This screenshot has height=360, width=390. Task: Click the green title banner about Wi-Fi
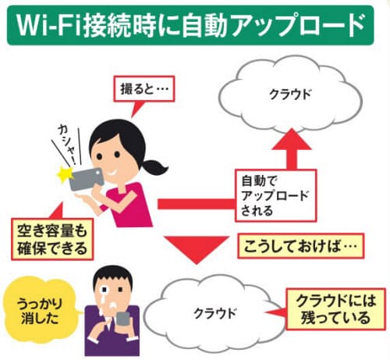[190, 25]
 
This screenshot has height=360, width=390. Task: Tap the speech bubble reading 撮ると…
[144, 89]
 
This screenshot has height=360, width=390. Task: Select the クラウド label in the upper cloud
[290, 94]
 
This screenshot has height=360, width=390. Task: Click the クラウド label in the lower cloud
[215, 313]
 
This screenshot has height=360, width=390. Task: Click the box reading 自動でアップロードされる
[275, 195]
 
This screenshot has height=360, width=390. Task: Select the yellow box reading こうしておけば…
[301, 246]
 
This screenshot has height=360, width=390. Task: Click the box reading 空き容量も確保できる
[52, 240]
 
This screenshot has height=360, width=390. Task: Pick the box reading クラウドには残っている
[335, 309]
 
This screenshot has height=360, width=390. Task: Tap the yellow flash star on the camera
[65, 174]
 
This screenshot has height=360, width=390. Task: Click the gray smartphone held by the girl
[87, 180]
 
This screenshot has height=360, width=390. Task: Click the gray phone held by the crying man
[123, 321]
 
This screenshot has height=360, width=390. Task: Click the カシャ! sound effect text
[67, 144]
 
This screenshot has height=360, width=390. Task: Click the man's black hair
[112, 275]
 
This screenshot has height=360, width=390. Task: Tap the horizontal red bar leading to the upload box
[197, 204]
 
